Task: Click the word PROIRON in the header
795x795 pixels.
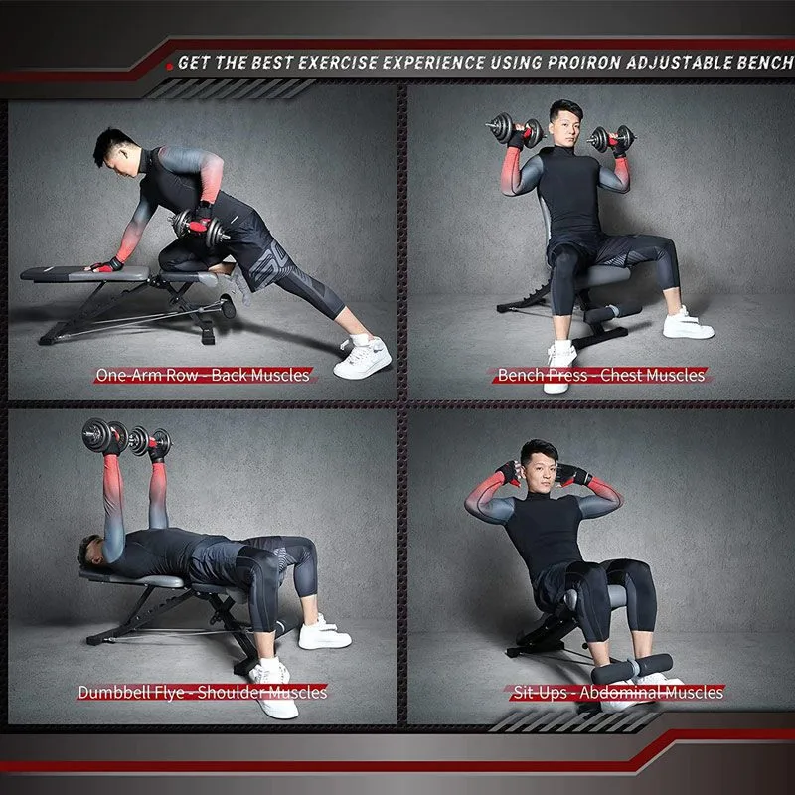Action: tap(584, 63)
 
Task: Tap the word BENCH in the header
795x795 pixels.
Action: tap(765, 63)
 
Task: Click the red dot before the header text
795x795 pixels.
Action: tap(169, 66)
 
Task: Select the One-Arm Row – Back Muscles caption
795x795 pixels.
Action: tap(203, 376)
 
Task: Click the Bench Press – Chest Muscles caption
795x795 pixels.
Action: tap(601, 376)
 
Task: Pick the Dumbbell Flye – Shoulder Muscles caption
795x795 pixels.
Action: tap(203, 692)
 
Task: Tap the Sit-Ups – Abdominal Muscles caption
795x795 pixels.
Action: tap(618, 692)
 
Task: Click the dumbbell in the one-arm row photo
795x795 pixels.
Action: tap(200, 229)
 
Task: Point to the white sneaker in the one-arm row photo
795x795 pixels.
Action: tap(362, 357)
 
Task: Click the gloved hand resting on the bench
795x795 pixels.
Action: tap(105, 265)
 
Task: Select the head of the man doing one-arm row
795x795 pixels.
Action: tap(115, 151)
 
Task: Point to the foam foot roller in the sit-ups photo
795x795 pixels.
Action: tap(632, 668)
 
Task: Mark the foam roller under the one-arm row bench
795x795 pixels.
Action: tap(228, 306)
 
